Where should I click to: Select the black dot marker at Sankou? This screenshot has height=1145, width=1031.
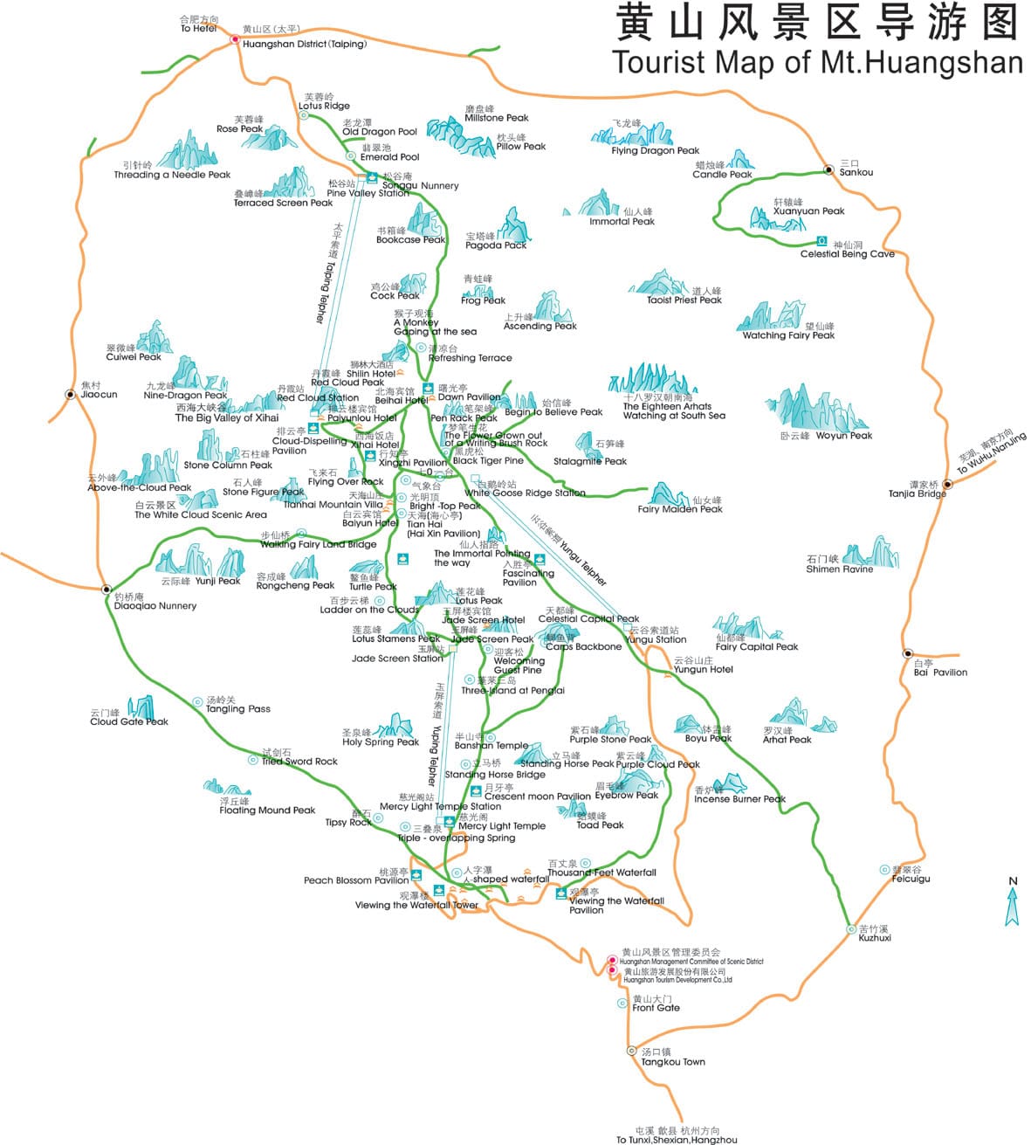(x=828, y=170)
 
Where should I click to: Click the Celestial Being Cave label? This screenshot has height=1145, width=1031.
(x=847, y=254)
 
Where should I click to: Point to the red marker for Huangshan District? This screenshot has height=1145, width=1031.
(x=235, y=39)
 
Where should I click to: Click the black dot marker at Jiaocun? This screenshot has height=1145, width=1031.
(x=70, y=394)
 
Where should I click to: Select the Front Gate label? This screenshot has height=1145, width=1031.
(x=656, y=1008)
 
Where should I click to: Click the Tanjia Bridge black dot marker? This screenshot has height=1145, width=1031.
(x=947, y=484)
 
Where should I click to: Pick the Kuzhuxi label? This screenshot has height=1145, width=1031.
(x=875, y=938)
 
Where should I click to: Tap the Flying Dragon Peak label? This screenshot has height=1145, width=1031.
(x=655, y=151)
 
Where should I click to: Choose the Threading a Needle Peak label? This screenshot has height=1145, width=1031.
(x=172, y=175)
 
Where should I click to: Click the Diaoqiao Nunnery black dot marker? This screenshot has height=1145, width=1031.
(x=107, y=589)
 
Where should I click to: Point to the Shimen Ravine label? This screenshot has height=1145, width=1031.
(x=839, y=569)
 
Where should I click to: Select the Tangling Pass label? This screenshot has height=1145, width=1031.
(x=237, y=709)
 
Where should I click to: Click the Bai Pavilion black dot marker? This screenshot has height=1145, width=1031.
(x=908, y=653)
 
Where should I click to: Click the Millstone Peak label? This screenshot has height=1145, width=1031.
(x=496, y=118)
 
